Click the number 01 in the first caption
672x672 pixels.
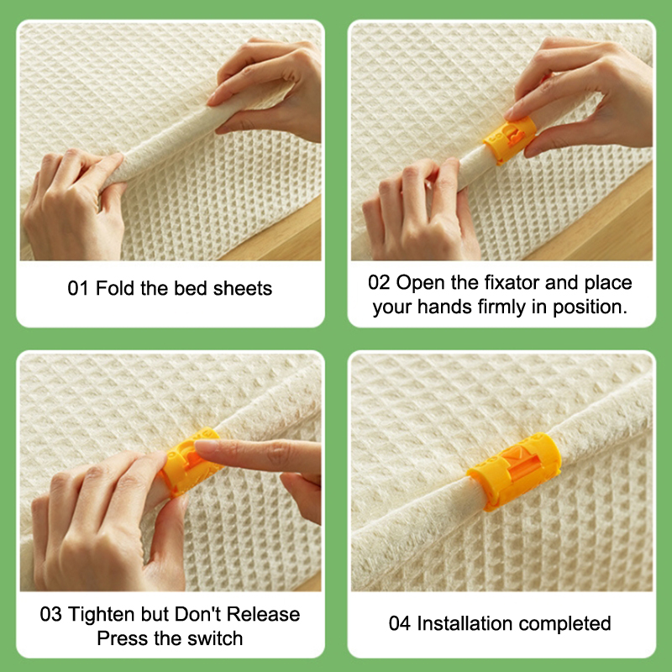[77, 288]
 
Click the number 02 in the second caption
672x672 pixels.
[379, 283]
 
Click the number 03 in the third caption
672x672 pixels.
[50, 614]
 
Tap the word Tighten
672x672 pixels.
[102, 615]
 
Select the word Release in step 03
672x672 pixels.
[263, 614]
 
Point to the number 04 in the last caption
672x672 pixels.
[400, 623]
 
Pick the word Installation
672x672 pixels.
[465, 623]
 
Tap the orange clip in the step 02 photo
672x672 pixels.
[511, 139]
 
